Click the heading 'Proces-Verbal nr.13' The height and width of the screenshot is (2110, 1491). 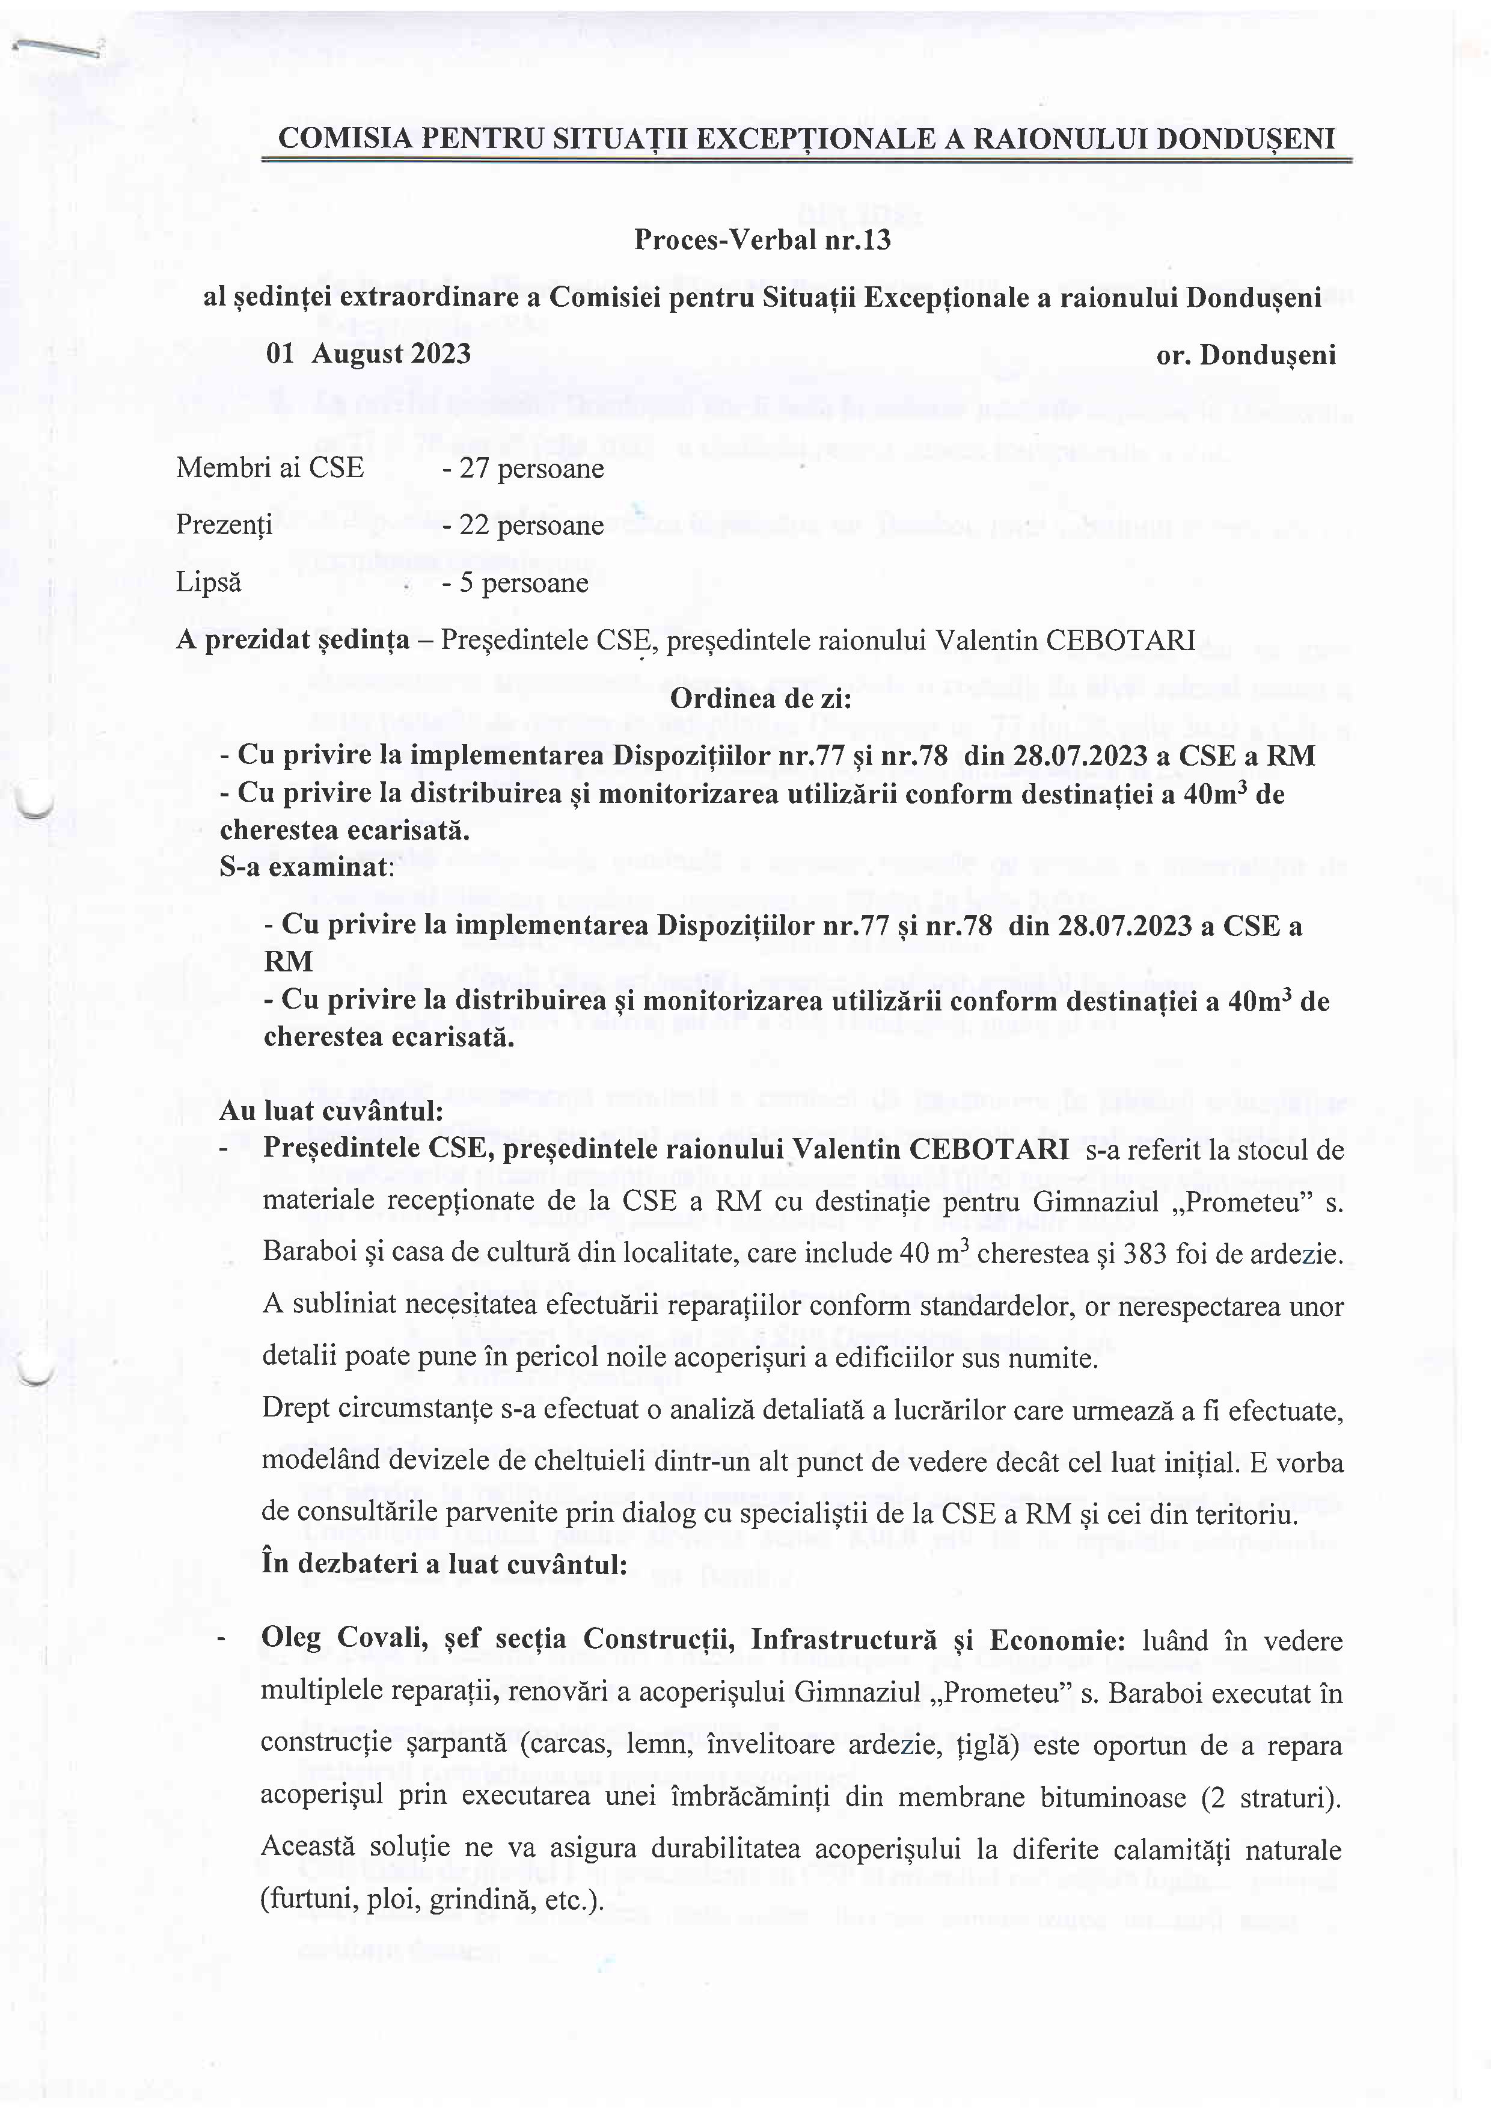coord(762,240)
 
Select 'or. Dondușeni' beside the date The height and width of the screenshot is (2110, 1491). coord(1246,355)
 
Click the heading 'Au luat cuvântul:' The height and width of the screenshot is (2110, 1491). coord(332,1111)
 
